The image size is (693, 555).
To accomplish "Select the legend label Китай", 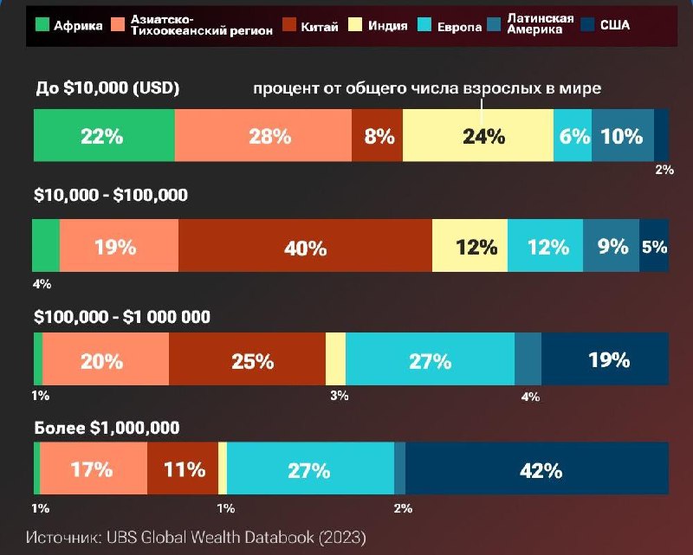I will pyautogui.click(x=320, y=26).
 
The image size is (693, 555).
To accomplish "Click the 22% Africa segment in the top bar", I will pyautogui.click(x=104, y=136).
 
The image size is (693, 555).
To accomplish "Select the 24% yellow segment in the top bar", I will pyautogui.click(x=477, y=136).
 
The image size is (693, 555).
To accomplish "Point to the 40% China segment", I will pyautogui.click(x=305, y=247).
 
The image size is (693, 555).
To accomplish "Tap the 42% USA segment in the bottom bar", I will pyautogui.click(x=537, y=470).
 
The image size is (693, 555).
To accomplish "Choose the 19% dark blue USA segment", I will pyautogui.click(x=605, y=359).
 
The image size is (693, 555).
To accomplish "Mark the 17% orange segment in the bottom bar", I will pyautogui.click(x=93, y=470).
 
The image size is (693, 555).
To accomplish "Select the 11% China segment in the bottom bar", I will pyautogui.click(x=183, y=470).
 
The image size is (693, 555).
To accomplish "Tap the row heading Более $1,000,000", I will pyautogui.click(x=107, y=428).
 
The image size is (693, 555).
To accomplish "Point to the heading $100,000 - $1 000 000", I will pyautogui.click(x=122, y=317).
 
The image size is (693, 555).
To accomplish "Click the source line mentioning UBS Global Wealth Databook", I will pyautogui.click(x=196, y=537).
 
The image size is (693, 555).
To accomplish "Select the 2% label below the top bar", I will pyautogui.click(x=664, y=170).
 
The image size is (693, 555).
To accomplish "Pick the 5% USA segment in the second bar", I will pyautogui.click(x=654, y=247).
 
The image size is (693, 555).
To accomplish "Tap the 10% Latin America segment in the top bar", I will pyautogui.click(x=622, y=136).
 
